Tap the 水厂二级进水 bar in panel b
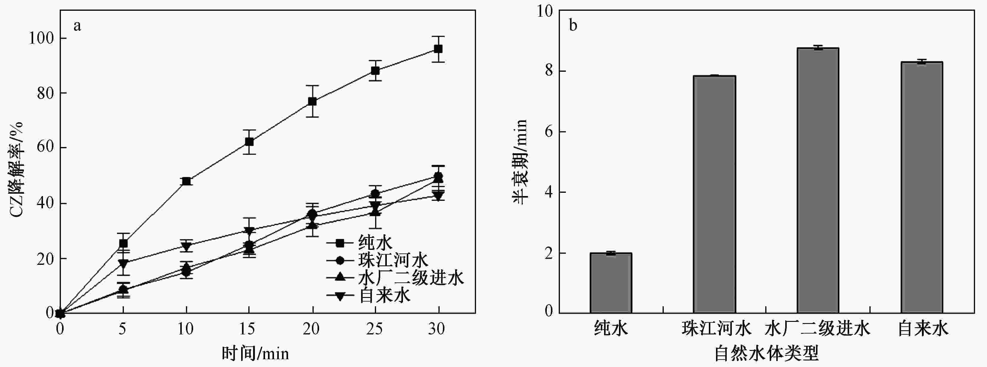(x=818, y=180)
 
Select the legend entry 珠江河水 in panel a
(x=393, y=260)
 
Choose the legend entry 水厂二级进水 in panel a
(x=410, y=278)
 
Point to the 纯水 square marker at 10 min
(x=187, y=181)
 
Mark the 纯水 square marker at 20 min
(x=312, y=101)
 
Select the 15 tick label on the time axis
(x=247, y=329)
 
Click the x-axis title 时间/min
(x=255, y=353)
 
